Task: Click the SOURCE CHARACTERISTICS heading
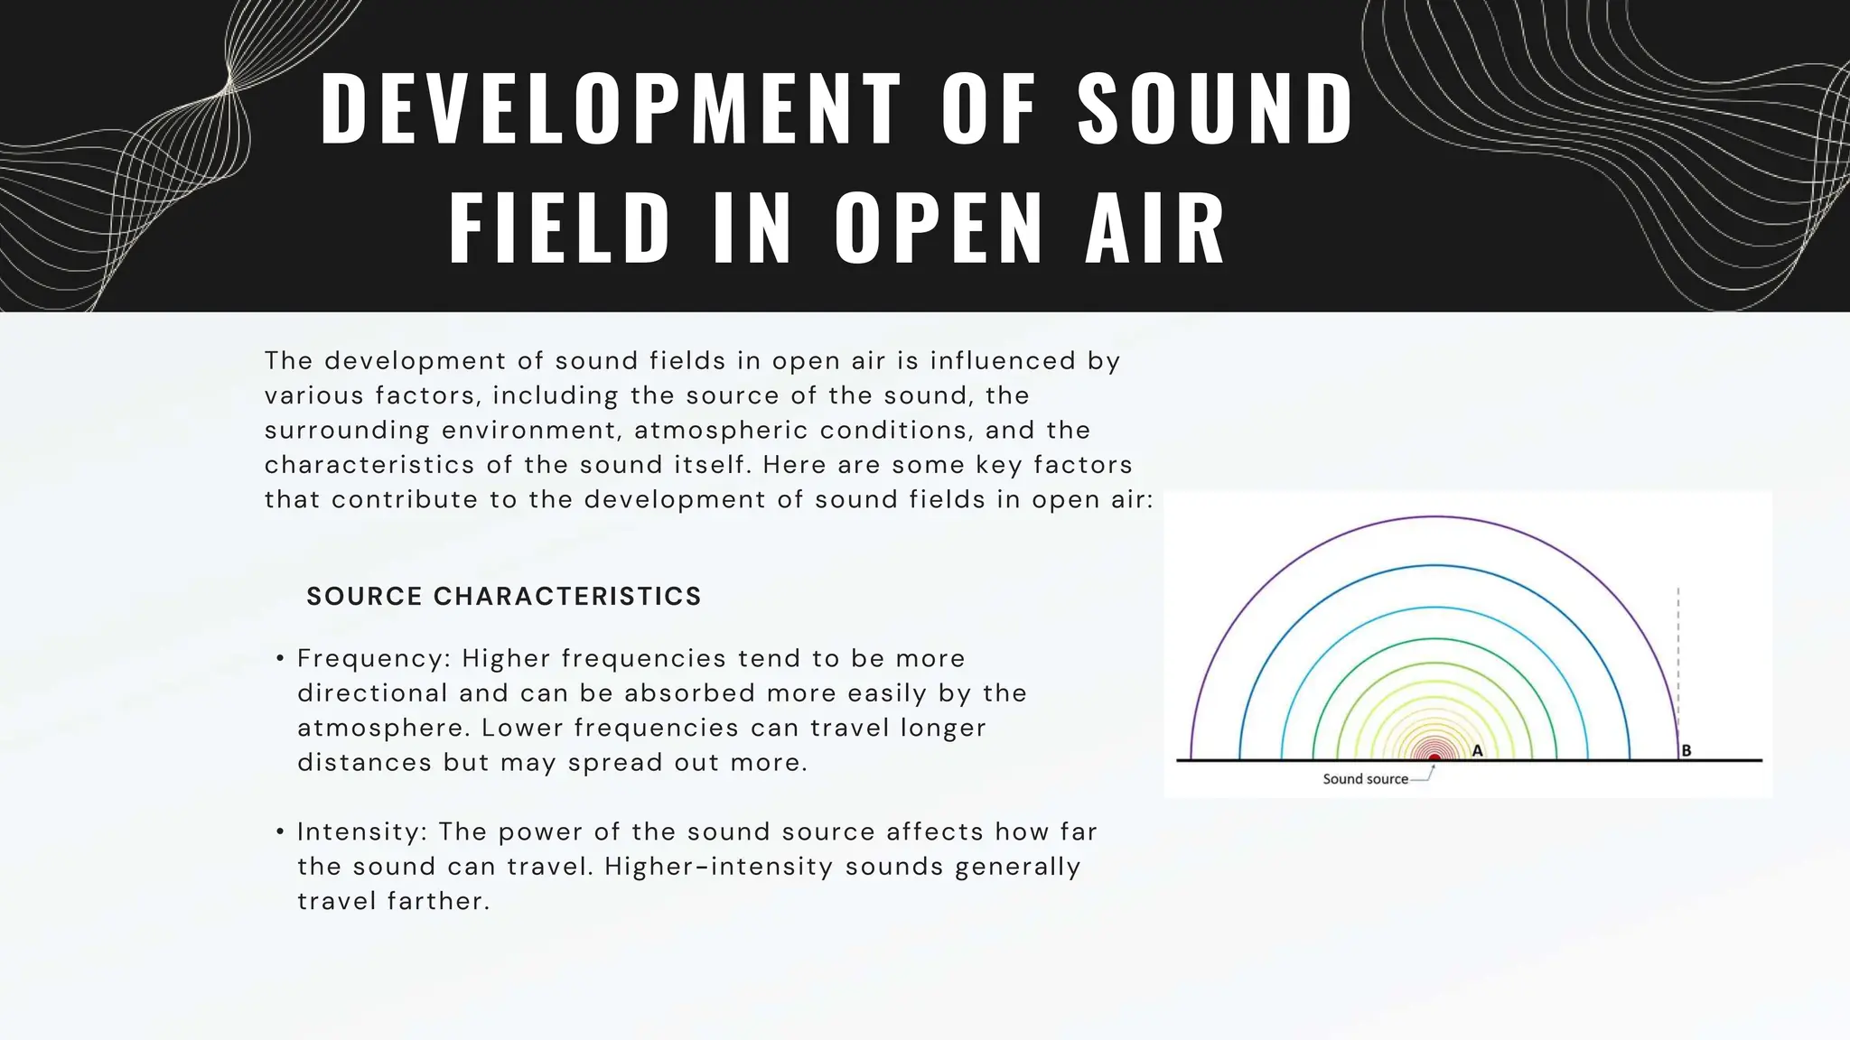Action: click(x=504, y=597)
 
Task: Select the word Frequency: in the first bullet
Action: click(x=374, y=659)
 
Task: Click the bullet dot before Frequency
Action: click(x=281, y=659)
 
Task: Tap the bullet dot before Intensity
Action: click(x=281, y=832)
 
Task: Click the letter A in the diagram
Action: click(x=1478, y=750)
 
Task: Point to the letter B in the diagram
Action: click(x=1686, y=750)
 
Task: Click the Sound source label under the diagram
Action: click(x=1365, y=779)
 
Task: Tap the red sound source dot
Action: click(x=1434, y=758)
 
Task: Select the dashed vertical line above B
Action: click(x=1678, y=650)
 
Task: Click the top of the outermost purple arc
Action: click(x=1434, y=516)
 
